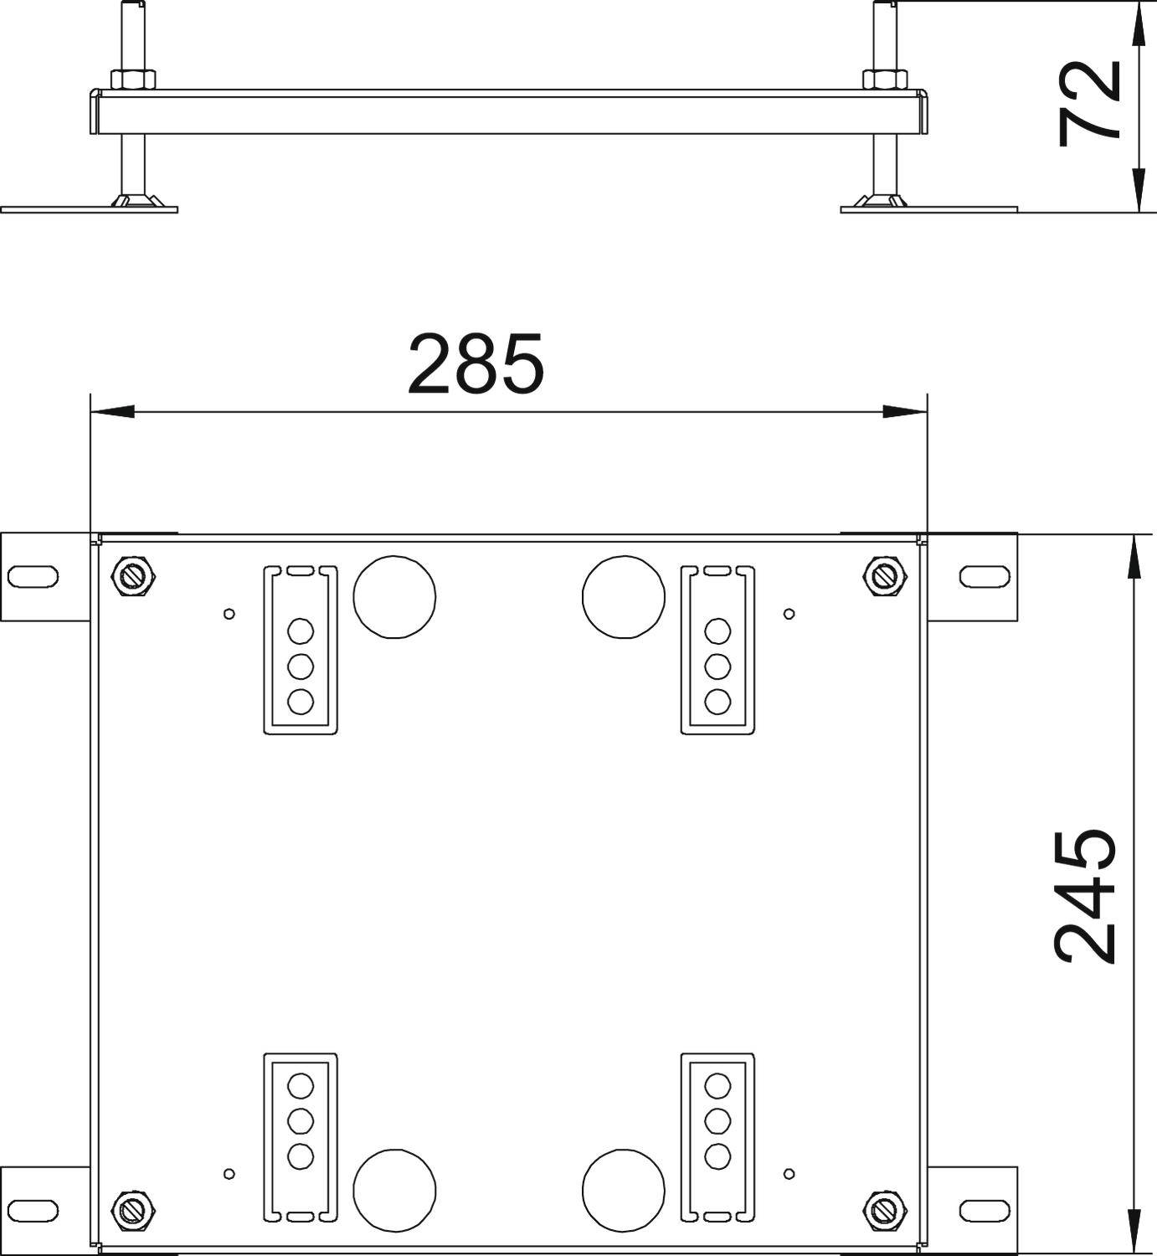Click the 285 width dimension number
tap(476, 364)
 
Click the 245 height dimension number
tap(1085, 896)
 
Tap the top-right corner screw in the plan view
tap(884, 576)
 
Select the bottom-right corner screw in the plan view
tap(884, 1209)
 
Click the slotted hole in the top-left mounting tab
tap(33, 576)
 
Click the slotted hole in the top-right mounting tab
tap(985, 576)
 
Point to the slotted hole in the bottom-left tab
tap(33, 1209)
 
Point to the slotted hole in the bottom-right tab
tap(985, 1209)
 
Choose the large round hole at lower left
tap(394, 1190)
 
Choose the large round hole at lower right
tap(624, 1190)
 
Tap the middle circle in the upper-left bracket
tap(301, 667)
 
